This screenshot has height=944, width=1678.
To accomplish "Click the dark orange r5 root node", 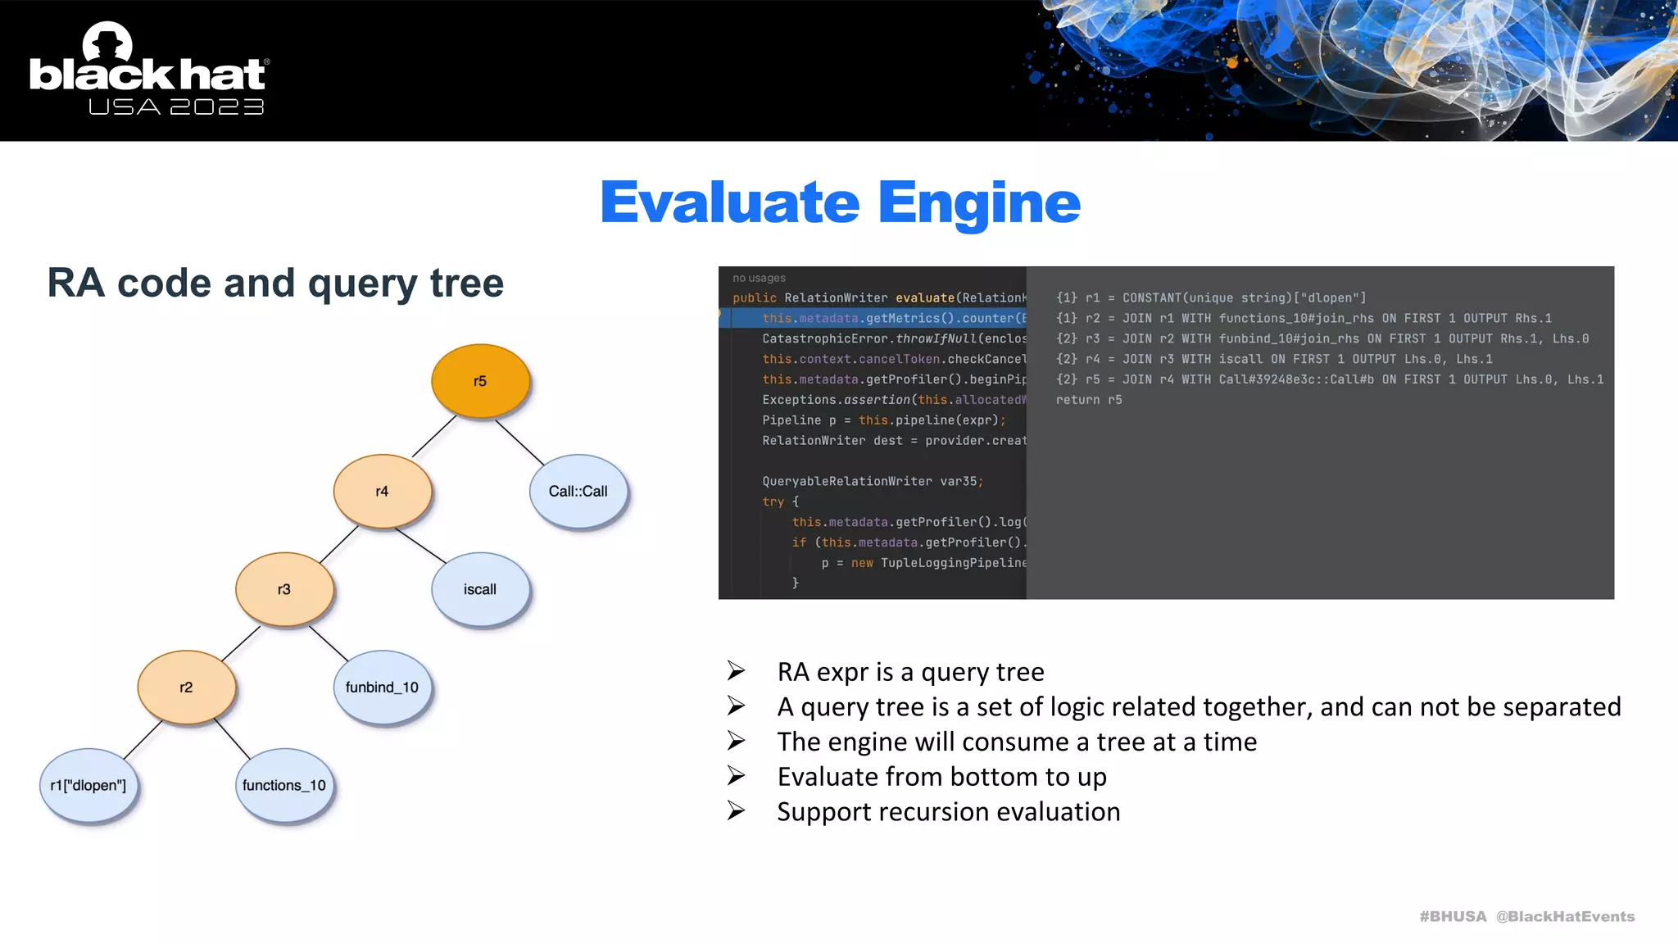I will click(480, 381).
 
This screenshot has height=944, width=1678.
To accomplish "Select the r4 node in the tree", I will click(382, 491).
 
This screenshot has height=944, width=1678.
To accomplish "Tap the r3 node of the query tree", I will click(284, 589).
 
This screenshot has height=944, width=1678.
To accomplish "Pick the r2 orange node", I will click(186, 688).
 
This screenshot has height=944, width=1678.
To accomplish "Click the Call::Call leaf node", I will click(578, 491).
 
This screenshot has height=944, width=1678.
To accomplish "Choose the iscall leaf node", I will click(480, 589).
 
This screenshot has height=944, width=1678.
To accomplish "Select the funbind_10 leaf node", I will click(382, 688).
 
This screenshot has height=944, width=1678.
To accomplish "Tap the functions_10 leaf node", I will click(284, 785).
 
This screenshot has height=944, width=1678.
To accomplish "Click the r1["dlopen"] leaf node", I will click(88, 785).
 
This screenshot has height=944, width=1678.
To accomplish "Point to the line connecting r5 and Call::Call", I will click(520, 442).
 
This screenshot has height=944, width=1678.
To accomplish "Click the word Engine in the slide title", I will click(979, 202).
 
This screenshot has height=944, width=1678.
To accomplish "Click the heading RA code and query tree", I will click(275, 284).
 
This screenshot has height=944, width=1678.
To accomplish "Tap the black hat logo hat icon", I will click(107, 43).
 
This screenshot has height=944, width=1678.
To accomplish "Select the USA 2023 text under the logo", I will click(176, 107).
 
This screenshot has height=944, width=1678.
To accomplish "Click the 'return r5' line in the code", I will click(1088, 400).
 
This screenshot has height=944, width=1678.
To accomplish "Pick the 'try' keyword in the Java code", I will click(773, 501).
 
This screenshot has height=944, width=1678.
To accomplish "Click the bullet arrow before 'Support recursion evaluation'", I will click(737, 811).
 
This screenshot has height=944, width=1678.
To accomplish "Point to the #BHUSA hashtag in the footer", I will click(1453, 916).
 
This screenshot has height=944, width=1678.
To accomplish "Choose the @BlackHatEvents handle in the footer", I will click(1565, 916).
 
